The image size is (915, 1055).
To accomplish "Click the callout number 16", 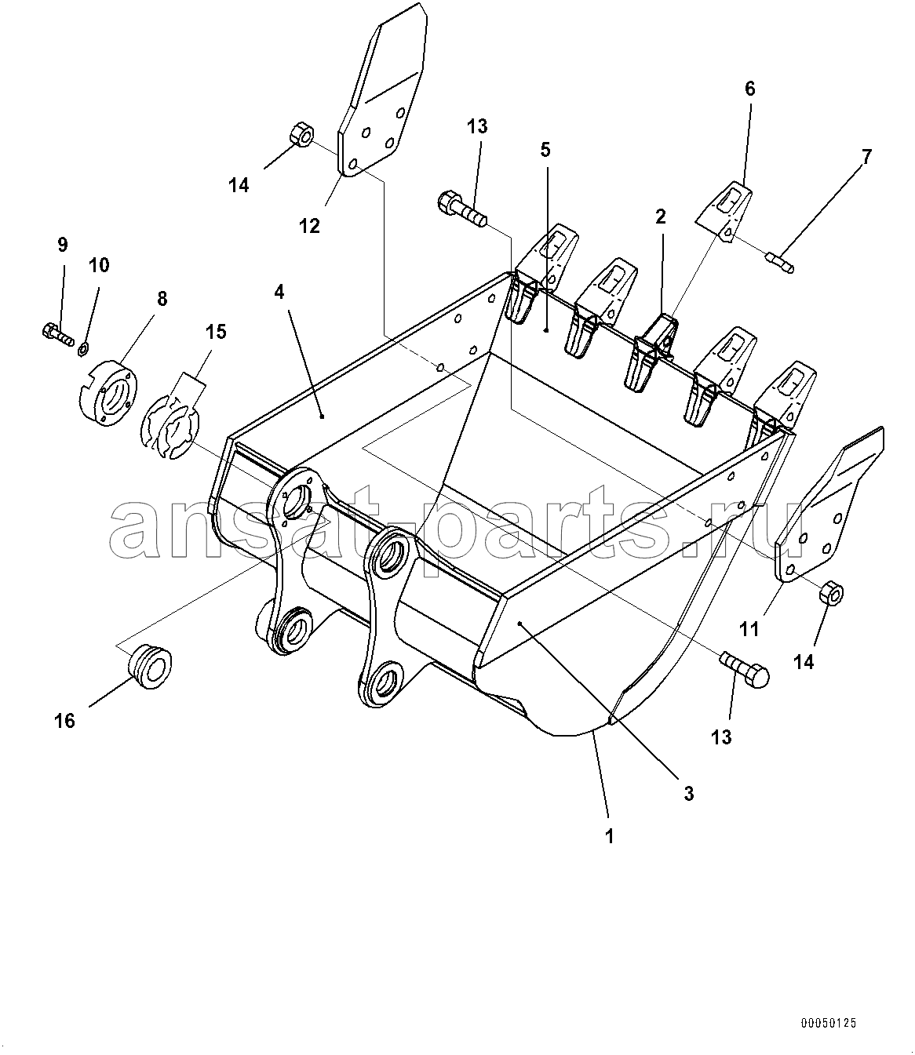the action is (x=64, y=721).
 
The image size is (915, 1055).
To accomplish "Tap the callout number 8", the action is (x=162, y=299).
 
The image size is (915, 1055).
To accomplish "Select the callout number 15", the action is (x=216, y=331).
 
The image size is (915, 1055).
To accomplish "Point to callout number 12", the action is (x=309, y=226).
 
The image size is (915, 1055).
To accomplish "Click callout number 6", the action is (x=749, y=89).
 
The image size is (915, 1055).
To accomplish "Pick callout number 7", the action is (x=867, y=157).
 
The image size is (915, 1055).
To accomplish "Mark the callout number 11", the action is (x=749, y=630).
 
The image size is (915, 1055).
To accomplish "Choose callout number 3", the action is (x=689, y=794).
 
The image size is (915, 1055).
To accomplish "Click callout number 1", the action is (x=609, y=836).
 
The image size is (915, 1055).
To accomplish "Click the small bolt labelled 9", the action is (x=58, y=335).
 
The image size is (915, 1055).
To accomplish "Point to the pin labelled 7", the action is (x=779, y=263).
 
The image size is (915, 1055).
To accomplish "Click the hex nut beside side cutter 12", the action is (x=301, y=134).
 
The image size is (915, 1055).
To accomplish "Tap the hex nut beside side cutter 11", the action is (x=831, y=594).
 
